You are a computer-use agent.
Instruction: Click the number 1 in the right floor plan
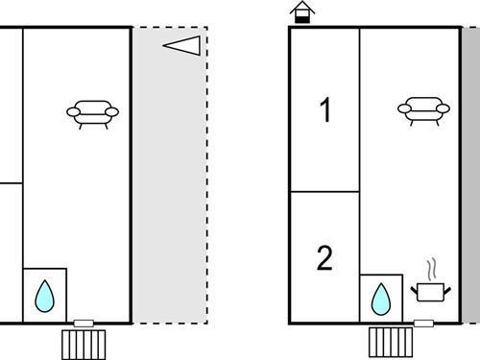pos(325,109)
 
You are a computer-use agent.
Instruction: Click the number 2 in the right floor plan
pos(324,258)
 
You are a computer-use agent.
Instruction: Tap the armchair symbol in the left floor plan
pos(92,114)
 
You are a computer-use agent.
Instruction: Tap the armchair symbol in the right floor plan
pos(423,111)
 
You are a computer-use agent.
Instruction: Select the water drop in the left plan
pos(45,297)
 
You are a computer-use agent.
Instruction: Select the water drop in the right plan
pos(381,300)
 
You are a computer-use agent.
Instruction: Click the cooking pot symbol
pos(431,292)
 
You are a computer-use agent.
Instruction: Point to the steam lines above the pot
pos(432,270)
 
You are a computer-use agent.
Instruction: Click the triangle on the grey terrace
pos(181,45)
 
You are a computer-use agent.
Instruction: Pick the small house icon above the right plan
pos(302,12)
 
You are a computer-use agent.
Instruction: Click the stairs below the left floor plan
pos(84,345)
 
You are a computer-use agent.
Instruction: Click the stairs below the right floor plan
pos(391,342)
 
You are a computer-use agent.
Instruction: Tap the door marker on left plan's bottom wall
pos(84,324)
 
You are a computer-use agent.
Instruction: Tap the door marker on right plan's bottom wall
pos(423,324)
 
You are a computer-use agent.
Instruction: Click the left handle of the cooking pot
pos(414,291)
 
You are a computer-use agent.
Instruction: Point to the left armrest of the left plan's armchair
pos(73,112)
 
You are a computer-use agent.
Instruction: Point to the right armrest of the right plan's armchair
pos(444,108)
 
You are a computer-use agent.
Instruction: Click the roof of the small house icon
pos(302,8)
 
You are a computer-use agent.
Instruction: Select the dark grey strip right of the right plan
pos(471,176)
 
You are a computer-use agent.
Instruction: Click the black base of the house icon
pos(302,20)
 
